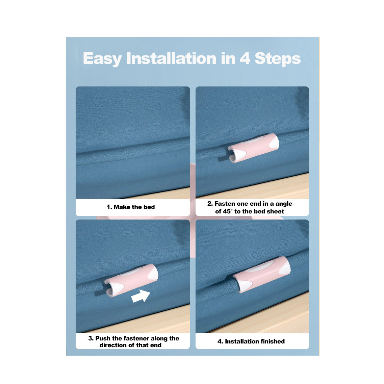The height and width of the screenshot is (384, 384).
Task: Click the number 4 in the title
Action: click(x=245, y=58)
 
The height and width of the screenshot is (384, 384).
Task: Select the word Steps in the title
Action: click(x=277, y=58)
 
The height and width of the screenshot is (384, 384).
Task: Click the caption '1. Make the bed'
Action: click(x=131, y=207)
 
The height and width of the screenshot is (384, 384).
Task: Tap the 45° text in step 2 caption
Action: click(x=224, y=211)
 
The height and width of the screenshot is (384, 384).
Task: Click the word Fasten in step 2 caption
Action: click(x=225, y=204)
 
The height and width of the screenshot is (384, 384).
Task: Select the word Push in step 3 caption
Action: click(x=103, y=338)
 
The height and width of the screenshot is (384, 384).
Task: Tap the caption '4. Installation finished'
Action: click(x=251, y=341)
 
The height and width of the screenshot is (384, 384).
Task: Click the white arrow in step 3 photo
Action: click(x=140, y=296)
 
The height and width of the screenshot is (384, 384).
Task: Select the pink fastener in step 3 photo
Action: click(x=131, y=280)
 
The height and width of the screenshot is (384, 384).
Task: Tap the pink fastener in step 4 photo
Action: click(x=262, y=274)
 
